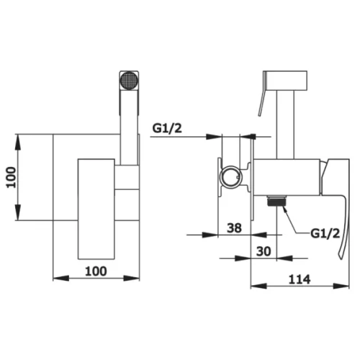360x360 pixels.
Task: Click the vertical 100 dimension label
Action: [11, 177]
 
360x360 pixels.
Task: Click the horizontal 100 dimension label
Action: [96, 271]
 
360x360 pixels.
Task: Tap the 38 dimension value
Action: [234, 228]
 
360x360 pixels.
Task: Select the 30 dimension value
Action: [264, 251]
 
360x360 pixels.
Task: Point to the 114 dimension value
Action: [300, 279]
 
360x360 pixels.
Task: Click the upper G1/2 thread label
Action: [167, 129]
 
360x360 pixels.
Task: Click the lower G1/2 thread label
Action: [325, 233]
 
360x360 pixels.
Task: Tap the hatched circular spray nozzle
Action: [129, 81]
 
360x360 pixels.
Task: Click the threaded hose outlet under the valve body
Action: [276, 200]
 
